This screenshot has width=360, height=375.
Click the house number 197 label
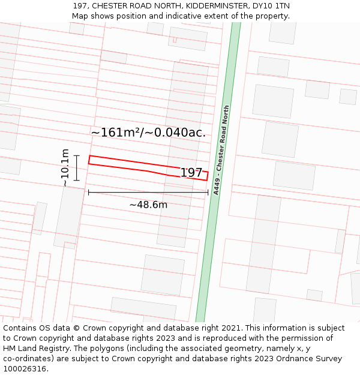click(191, 173)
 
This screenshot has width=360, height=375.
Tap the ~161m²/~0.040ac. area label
click(148, 133)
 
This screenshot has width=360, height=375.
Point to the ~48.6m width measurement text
click(148, 205)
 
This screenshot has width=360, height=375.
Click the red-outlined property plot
click(132, 164)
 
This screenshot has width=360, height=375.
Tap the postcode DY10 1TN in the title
click(271, 6)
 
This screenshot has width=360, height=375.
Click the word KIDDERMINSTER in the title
click(214, 6)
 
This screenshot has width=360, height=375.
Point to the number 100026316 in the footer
click(25, 369)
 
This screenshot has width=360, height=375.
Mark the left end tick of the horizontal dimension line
click(89, 193)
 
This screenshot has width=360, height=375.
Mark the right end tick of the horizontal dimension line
click(208, 193)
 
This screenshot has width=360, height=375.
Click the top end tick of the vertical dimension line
click(76, 156)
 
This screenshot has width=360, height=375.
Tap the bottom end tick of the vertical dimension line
click(76, 180)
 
